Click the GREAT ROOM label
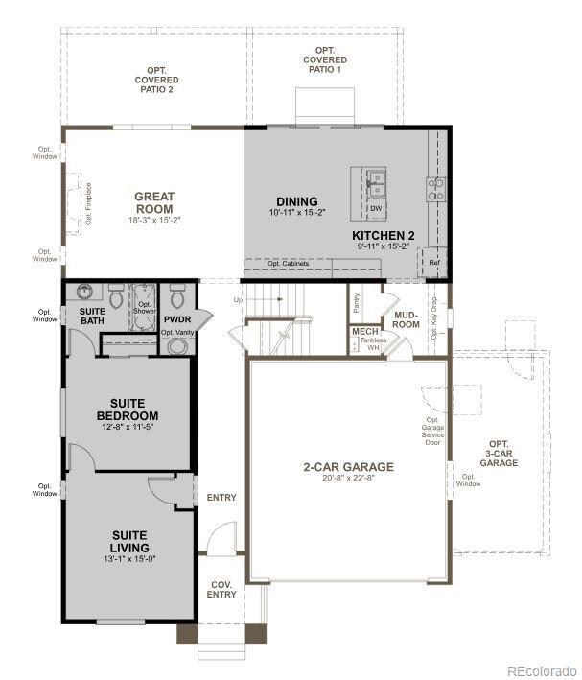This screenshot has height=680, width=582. click(x=153, y=202)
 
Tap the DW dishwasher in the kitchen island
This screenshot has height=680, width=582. click(x=376, y=207)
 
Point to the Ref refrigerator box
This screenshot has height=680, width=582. click(x=434, y=262)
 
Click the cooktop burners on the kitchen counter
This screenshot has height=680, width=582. click(x=435, y=188)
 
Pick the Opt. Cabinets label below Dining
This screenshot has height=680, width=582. click(x=287, y=264)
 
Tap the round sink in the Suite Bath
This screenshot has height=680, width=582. click(x=85, y=293)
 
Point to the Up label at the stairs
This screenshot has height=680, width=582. click(x=239, y=300)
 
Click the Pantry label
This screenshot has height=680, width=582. click(x=356, y=303)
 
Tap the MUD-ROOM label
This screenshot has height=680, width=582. click(x=406, y=319)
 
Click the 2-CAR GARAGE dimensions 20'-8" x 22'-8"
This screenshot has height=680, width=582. click(x=348, y=479)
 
